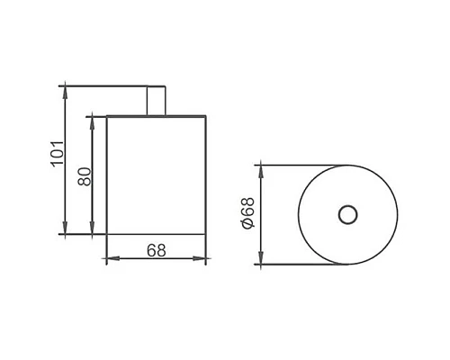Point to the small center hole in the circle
click(x=347, y=214)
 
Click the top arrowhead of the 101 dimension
click(x=65, y=89)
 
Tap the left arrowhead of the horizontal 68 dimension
click(x=111, y=260)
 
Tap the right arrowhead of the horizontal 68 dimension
click(x=204, y=260)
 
